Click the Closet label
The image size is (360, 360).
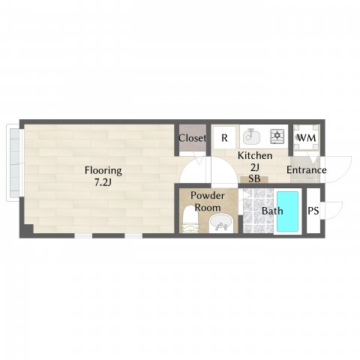pyautogui.click(x=192, y=138)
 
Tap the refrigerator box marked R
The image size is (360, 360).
pyautogui.click(x=224, y=138)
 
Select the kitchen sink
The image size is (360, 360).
pyautogui.click(x=251, y=136)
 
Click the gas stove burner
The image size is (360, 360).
pyautogui.click(x=277, y=136)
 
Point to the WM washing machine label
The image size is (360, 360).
pyautogui.click(x=306, y=138)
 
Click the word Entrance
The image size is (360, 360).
pyautogui.click(x=306, y=170)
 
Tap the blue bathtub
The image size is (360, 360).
pyautogui.click(x=287, y=211)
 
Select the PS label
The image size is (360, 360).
pyautogui.click(x=313, y=211)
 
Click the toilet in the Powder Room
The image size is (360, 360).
pyautogui.click(x=190, y=220)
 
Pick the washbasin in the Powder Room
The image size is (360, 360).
pyautogui.click(x=221, y=223)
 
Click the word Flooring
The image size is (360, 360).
pyautogui.click(x=103, y=170)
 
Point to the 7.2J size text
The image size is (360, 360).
pyautogui.click(x=103, y=183)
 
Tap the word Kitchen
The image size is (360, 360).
pyautogui.click(x=255, y=155)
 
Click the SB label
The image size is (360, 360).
pyautogui.click(x=254, y=178)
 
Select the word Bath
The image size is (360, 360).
pyautogui.click(x=272, y=211)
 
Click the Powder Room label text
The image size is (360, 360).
pyautogui.click(x=208, y=202)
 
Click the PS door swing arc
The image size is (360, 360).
pyautogui.click(x=338, y=212)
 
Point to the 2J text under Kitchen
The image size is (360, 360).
pyautogui.click(x=254, y=167)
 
